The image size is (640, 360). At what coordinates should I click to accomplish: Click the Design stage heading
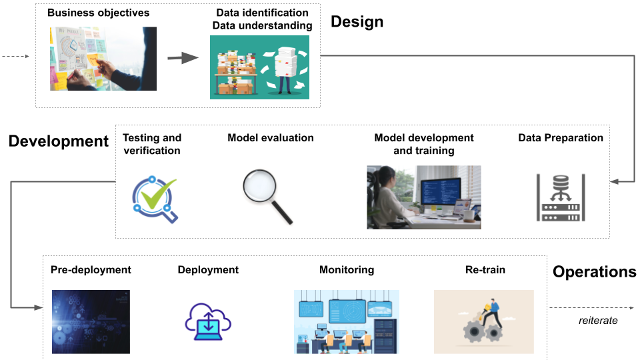pos(357,22)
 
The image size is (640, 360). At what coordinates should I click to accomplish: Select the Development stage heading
pos(59,141)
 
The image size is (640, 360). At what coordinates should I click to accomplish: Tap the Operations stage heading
pos(594,272)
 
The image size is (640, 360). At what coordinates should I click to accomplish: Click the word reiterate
pos(598,321)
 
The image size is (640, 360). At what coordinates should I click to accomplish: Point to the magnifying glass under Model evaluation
pos(267,196)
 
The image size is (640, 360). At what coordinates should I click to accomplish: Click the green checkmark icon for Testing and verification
pos(155,199)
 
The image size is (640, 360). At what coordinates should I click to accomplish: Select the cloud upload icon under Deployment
pos(208,321)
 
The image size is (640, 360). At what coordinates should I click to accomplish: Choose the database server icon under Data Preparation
pos(561,197)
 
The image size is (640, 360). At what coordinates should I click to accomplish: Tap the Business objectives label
pos(99,13)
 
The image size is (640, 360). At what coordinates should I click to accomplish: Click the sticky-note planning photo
pos(103,59)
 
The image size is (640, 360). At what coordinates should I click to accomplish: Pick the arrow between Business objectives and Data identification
pos(183,57)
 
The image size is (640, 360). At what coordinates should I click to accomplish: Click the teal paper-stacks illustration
pos(259,67)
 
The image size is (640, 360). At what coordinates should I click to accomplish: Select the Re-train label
pos(485,270)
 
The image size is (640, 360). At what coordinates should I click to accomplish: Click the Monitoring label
pos(347,270)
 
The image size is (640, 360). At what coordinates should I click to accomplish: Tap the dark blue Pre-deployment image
pos(91,322)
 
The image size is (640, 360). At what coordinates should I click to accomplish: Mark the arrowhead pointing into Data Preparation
pos(615,181)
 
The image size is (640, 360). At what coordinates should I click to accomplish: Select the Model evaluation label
pos(271,138)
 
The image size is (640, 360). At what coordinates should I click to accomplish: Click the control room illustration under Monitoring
pos(347,322)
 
